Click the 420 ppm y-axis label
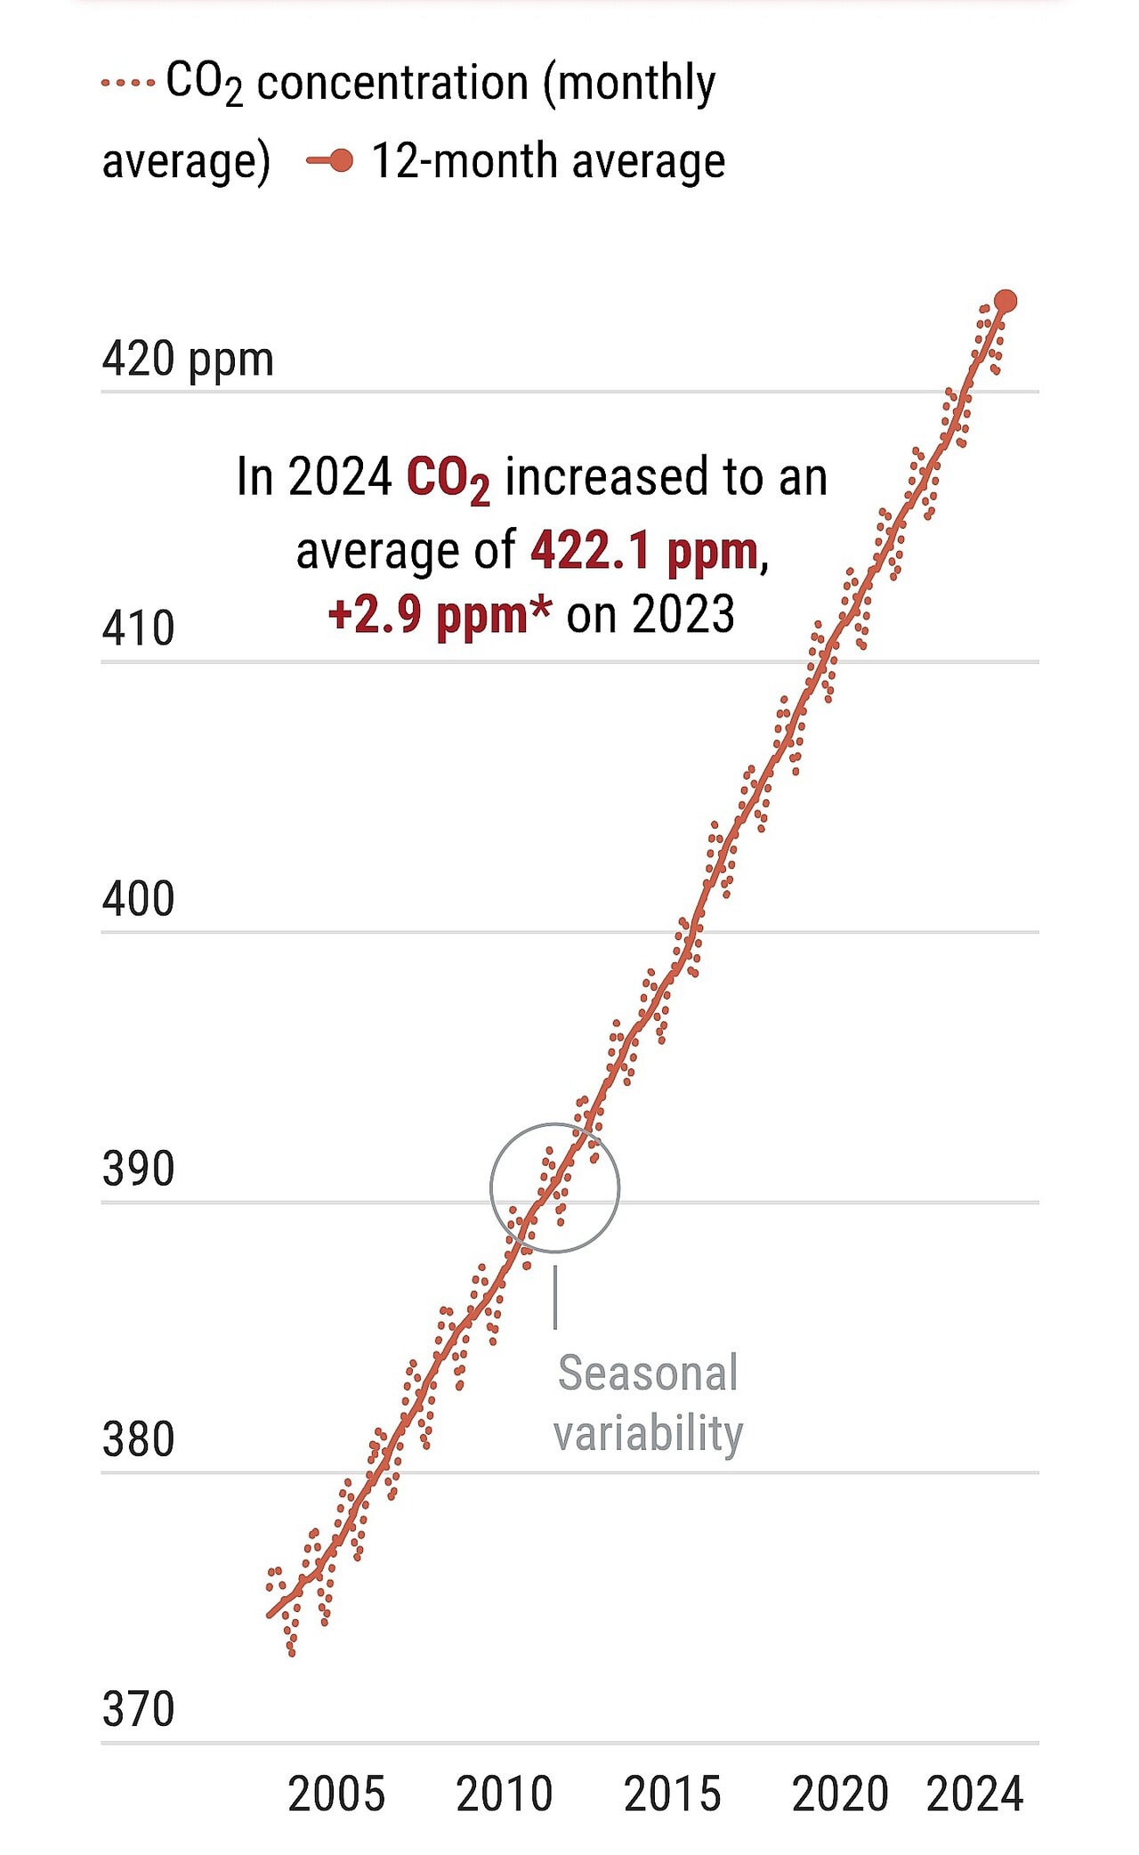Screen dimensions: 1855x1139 point(187,360)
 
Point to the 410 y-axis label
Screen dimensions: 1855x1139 point(138,629)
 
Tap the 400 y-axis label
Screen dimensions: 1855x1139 point(138,900)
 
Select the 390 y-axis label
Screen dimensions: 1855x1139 point(138,1170)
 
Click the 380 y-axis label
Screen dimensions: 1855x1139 point(138,1440)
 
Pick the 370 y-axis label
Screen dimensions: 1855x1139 point(138,1710)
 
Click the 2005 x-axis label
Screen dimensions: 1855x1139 point(336,1794)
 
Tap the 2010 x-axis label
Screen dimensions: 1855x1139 point(505,1794)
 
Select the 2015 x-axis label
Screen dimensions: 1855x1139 point(672,1794)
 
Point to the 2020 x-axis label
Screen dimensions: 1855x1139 point(840,1794)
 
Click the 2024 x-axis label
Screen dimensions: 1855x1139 point(974,1794)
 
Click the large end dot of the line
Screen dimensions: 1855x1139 point(1006,302)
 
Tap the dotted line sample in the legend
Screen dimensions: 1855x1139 point(127,83)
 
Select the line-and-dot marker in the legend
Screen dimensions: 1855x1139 point(330,161)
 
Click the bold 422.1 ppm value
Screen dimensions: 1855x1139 point(644,551)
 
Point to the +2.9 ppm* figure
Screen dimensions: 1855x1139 point(439,615)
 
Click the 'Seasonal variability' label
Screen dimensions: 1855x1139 point(648,1403)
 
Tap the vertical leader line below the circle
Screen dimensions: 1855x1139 point(555,1297)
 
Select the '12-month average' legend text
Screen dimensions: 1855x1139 point(547,161)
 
